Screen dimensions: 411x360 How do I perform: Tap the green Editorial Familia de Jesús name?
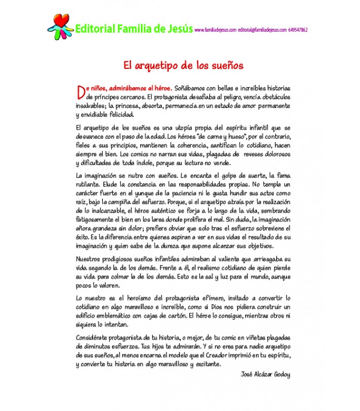(134, 29)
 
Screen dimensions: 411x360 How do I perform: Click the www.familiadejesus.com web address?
(215, 30)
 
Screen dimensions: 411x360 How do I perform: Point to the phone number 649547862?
(298, 30)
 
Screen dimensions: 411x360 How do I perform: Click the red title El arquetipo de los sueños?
(183, 66)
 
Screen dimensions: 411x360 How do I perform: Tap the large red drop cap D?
(79, 91)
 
